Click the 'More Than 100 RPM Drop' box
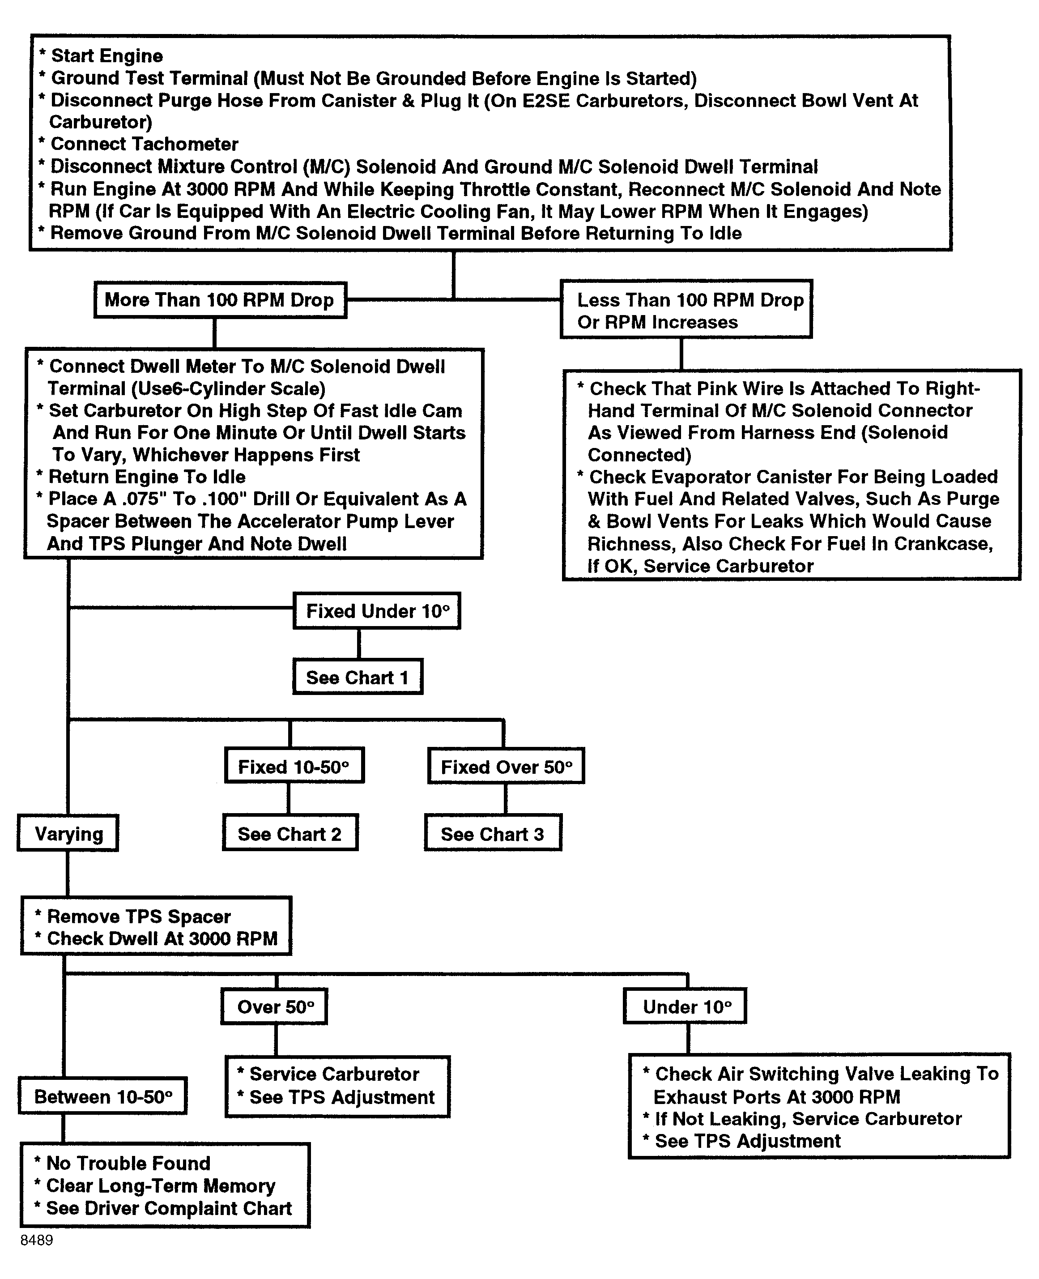[220, 300]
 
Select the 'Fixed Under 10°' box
[376, 611]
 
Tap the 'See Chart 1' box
[358, 678]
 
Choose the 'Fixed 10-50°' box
[294, 767]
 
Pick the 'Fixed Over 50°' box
[506, 767]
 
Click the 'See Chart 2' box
[290, 834]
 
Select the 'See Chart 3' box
[493, 834]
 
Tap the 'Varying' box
[68, 834]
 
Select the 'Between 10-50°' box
[103, 1097]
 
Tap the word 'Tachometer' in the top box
[174, 144]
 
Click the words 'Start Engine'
[106, 55]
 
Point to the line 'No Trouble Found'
[128, 1163]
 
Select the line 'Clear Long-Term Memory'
[160, 1185]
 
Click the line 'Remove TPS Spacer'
[138, 917]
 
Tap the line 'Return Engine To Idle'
[147, 477]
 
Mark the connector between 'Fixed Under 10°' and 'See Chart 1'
[359, 644]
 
